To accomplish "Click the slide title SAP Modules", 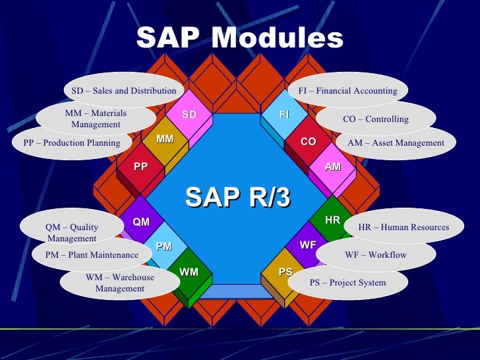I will pyautogui.click(x=240, y=38).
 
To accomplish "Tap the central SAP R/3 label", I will pyautogui.click(x=238, y=196).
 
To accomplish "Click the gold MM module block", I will pyautogui.click(x=165, y=140).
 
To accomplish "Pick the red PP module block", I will pyautogui.click(x=140, y=167).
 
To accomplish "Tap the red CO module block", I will pyautogui.click(x=308, y=142).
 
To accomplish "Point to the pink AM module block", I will pyautogui.click(x=332, y=167).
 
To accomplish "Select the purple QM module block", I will pyautogui.click(x=142, y=222).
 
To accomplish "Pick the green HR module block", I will pyautogui.click(x=332, y=219).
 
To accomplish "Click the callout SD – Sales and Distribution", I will pyautogui.click(x=123, y=91).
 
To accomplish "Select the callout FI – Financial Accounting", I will pyautogui.click(x=347, y=91).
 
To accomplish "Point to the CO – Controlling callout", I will pyautogui.click(x=376, y=119).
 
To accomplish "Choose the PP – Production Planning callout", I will pyautogui.click(x=72, y=143).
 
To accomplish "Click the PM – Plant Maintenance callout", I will pyautogui.click(x=92, y=255).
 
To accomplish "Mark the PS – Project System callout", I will pyautogui.click(x=347, y=282).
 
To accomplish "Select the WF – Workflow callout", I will pyautogui.click(x=376, y=255).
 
